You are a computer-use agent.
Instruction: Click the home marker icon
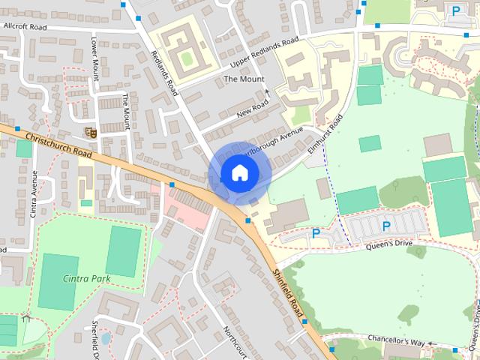pyautogui.click(x=239, y=172)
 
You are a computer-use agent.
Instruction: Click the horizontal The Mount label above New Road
pyautogui.click(x=243, y=79)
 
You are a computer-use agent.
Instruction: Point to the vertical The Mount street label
pyautogui.click(x=126, y=112)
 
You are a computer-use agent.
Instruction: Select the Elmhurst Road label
pyautogui.click(x=325, y=133)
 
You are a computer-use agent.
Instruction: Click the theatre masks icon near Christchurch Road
pyautogui.click(x=91, y=133)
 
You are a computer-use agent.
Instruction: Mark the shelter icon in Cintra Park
pyautogui.click(x=27, y=318)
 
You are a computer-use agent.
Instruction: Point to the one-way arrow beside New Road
pyautogui.click(x=268, y=94)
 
